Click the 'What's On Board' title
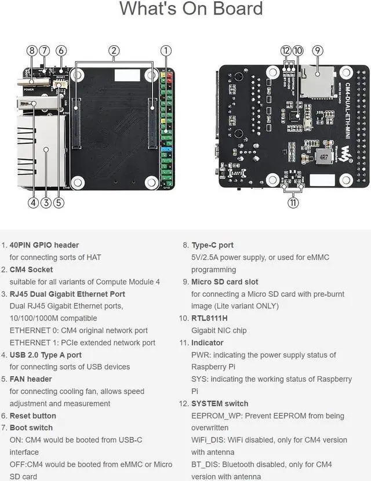click(x=191, y=9)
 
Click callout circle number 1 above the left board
click(x=166, y=50)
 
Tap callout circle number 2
click(x=114, y=50)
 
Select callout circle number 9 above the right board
click(x=317, y=50)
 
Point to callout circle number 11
click(x=293, y=203)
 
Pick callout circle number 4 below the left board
click(x=33, y=203)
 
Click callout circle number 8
click(x=32, y=50)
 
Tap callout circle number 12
click(x=286, y=50)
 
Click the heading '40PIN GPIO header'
click(x=44, y=245)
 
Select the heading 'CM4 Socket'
click(x=31, y=269)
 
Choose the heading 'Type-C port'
click(x=212, y=245)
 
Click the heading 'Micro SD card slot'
click(x=225, y=282)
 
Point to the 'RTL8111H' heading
click(x=209, y=318)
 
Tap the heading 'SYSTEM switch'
click(x=219, y=403)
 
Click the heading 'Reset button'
click(x=33, y=416)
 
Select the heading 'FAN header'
click(x=31, y=379)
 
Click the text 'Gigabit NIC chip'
click(x=219, y=330)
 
